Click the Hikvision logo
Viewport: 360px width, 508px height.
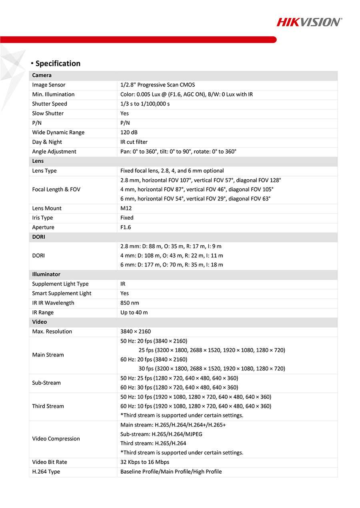coord(309,22)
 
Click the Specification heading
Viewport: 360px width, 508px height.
coord(58,63)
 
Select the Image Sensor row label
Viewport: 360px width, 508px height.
coord(49,85)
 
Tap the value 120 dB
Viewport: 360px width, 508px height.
coord(129,132)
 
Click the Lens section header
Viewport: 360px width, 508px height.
coord(38,161)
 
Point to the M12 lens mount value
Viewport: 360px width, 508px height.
coord(126,208)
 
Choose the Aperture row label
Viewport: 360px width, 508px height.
coord(43,227)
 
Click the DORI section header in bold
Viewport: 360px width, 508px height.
coord(39,237)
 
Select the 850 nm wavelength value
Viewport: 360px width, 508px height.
coord(130,303)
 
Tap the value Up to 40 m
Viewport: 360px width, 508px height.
coord(134,312)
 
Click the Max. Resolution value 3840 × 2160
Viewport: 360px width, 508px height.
coord(136,331)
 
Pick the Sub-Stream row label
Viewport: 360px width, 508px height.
coord(46,383)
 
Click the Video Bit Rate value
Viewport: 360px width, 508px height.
coord(145,462)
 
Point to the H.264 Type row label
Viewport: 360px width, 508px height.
coord(46,472)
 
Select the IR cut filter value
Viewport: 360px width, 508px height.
coord(134,142)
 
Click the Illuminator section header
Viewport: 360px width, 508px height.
coord(46,274)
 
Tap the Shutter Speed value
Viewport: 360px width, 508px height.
coord(145,104)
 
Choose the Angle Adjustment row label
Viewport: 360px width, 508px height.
coord(54,152)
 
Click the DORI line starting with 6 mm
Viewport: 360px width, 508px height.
coord(172,265)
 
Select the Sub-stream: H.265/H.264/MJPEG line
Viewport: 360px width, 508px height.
coord(161,434)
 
